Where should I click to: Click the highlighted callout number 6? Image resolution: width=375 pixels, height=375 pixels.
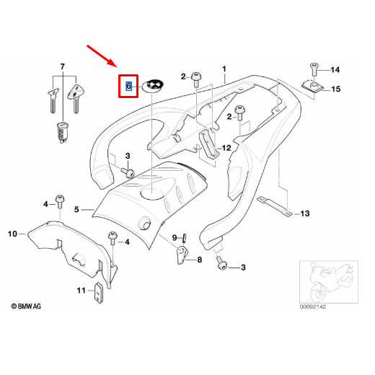[128, 86]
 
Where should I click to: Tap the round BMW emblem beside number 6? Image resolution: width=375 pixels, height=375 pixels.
[153, 86]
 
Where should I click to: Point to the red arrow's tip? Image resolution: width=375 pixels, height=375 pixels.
[116, 66]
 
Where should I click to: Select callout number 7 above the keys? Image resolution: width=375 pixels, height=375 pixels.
[63, 66]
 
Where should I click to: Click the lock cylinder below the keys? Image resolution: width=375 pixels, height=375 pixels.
[62, 133]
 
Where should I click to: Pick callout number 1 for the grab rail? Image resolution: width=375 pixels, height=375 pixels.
[224, 69]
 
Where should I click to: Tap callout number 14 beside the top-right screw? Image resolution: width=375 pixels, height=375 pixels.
[335, 70]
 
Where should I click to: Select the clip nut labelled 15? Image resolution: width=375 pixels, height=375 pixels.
[313, 87]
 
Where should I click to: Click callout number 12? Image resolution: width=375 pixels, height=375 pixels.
[226, 148]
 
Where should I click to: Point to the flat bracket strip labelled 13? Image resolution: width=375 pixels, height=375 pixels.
[275, 206]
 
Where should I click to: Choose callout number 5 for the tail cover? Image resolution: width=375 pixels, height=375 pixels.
[76, 209]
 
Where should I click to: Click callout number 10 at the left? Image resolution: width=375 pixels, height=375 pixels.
[12, 234]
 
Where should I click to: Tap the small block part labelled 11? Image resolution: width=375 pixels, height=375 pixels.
[99, 293]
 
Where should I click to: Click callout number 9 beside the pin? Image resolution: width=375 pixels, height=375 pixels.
[175, 238]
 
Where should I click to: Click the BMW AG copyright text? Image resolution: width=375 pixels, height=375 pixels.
[26, 306]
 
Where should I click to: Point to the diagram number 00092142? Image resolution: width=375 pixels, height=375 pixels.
[313, 306]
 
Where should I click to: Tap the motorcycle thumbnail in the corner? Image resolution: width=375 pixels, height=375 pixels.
[329, 282]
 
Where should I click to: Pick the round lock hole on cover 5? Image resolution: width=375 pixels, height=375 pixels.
[144, 224]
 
